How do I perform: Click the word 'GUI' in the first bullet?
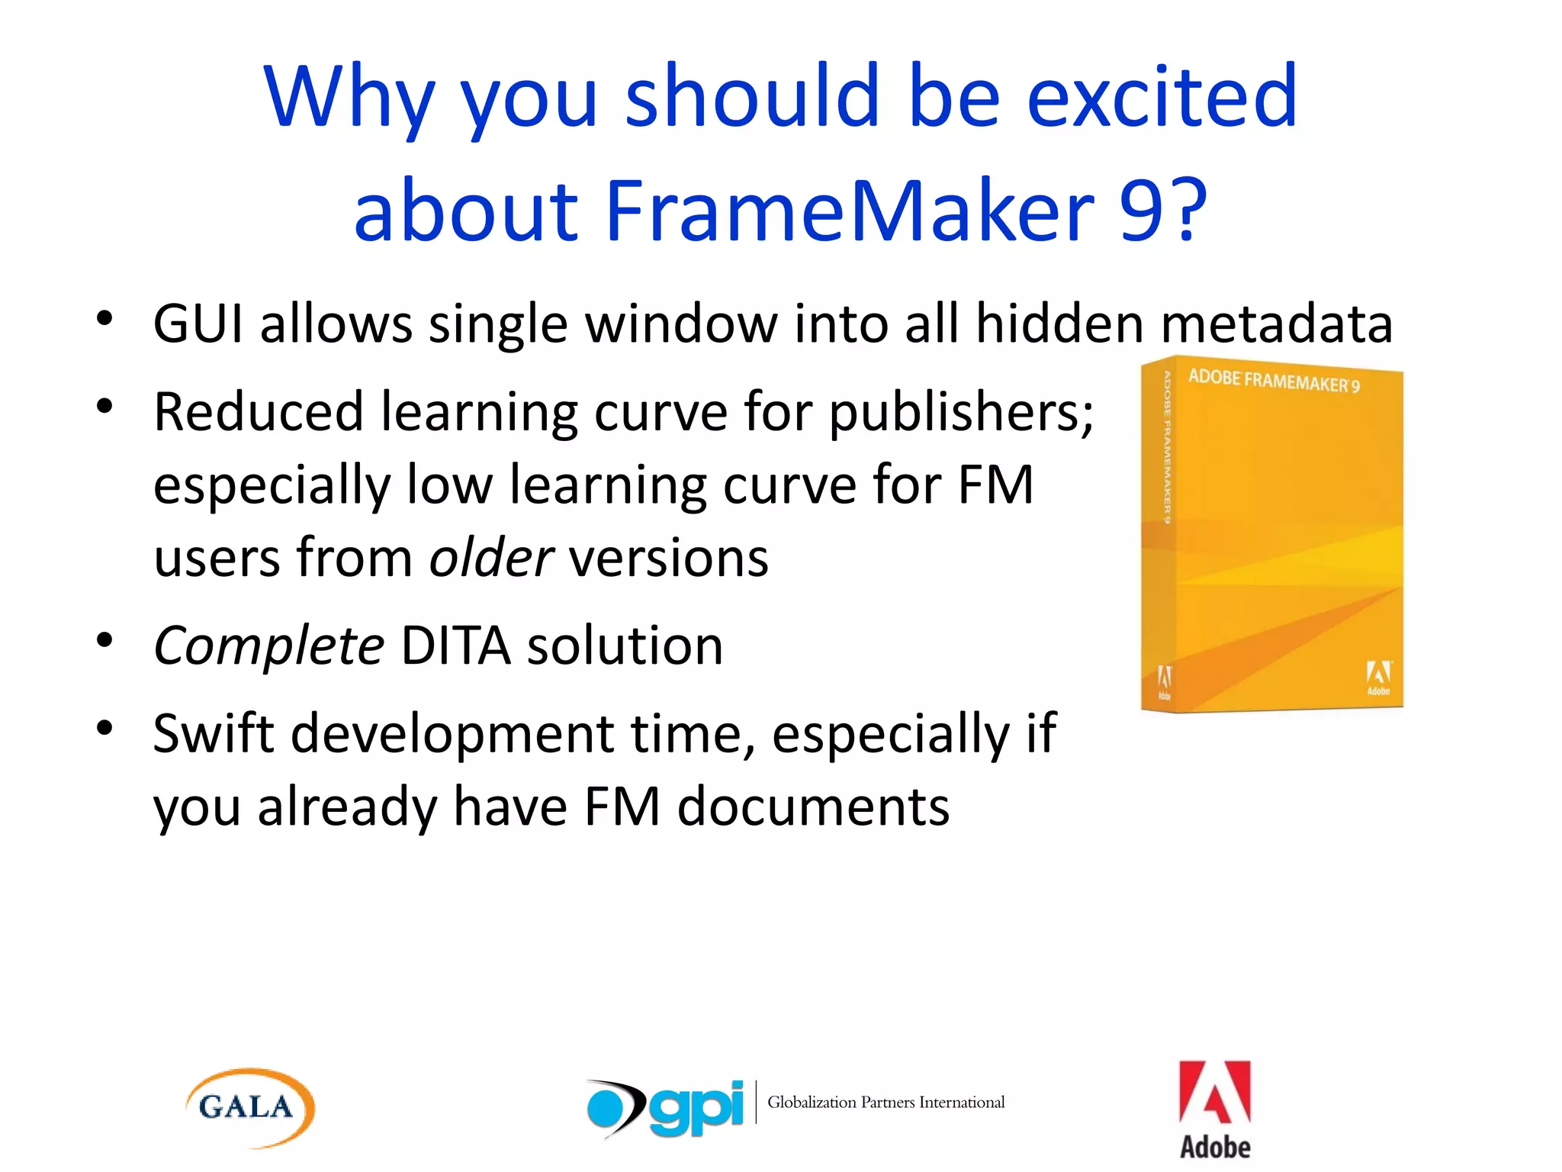point(198,324)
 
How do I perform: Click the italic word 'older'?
point(491,558)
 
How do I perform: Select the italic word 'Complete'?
point(268,646)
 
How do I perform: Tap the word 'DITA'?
point(455,646)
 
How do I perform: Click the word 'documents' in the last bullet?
point(813,807)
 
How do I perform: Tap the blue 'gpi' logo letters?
point(696,1107)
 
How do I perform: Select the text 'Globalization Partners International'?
point(885,1102)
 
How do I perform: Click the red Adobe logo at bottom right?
point(1214,1109)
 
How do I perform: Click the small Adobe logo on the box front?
point(1377,678)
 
